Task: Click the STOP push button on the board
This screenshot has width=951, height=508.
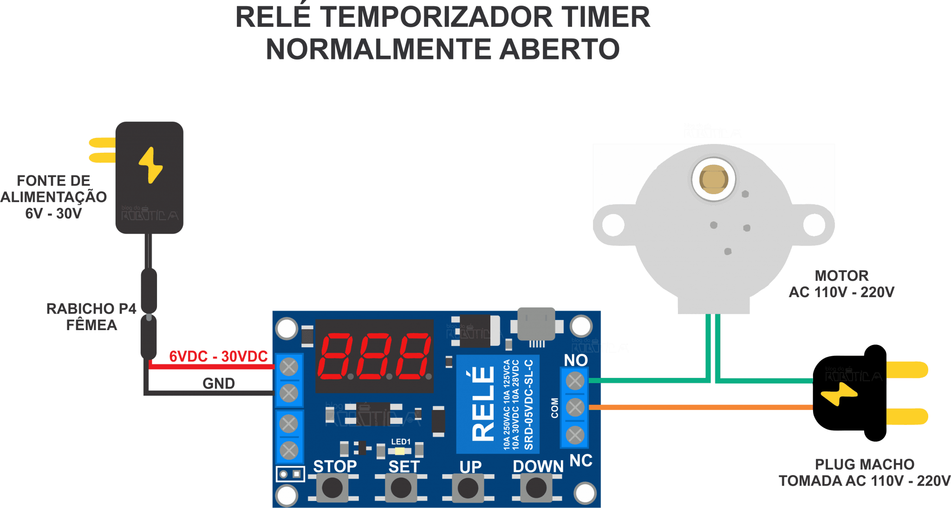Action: pyautogui.click(x=332, y=488)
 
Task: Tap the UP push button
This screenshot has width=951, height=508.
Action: pyautogui.click(x=468, y=488)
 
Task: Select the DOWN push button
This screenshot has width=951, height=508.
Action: pyautogui.click(x=536, y=488)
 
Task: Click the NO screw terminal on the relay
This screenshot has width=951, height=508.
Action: pyautogui.click(x=575, y=381)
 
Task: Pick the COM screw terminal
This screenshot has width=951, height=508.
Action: pyautogui.click(x=575, y=408)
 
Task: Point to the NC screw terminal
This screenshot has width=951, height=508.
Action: pyautogui.click(x=575, y=435)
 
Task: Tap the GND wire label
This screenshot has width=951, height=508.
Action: pyautogui.click(x=219, y=384)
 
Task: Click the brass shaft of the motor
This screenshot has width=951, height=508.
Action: pyautogui.click(x=713, y=179)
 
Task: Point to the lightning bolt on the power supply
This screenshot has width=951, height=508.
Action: pyautogui.click(x=150, y=165)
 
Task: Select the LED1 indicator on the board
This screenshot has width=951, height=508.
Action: pyautogui.click(x=400, y=451)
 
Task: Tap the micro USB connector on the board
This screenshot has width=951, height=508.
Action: pyautogui.click(x=537, y=324)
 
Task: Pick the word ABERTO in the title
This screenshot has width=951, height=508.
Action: pyautogui.click(x=560, y=49)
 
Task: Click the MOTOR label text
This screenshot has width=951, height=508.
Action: pyautogui.click(x=841, y=276)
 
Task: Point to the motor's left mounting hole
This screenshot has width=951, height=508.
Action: pyautogui.click(x=613, y=225)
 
